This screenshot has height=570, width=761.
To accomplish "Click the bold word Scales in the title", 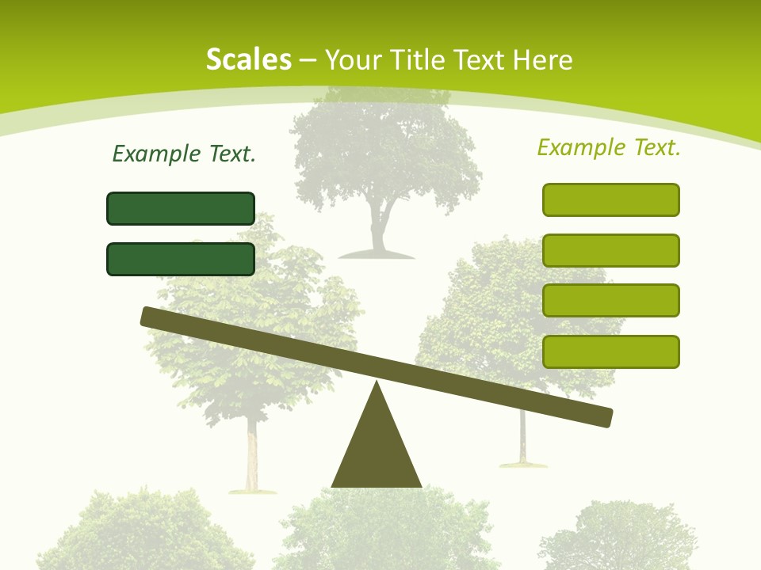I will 248,59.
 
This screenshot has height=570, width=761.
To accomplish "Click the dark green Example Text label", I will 184,154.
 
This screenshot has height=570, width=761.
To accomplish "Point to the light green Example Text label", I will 609,147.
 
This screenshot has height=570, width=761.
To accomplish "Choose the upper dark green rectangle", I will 181,208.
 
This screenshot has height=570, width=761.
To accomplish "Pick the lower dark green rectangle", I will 181,259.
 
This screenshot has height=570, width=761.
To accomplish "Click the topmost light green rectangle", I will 611,199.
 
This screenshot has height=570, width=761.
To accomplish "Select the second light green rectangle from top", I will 611,250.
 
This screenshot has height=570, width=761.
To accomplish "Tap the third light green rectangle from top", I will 611,301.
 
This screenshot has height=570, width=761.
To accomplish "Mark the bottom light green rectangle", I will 611,351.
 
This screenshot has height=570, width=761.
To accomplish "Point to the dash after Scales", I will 308,60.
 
